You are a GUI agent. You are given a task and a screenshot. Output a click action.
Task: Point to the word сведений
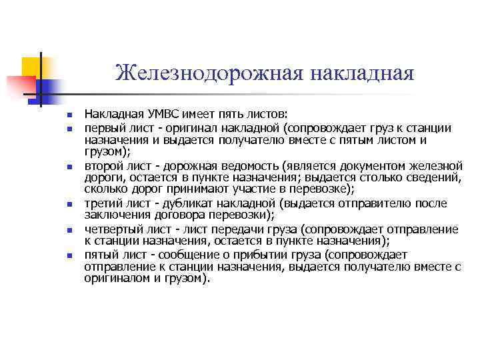click(433, 178)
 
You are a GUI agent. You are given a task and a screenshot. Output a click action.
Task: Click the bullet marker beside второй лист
click(68, 166)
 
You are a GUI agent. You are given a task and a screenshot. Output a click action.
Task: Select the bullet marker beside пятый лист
click(68, 255)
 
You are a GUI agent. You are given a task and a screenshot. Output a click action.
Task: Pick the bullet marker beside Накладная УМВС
click(68, 115)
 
